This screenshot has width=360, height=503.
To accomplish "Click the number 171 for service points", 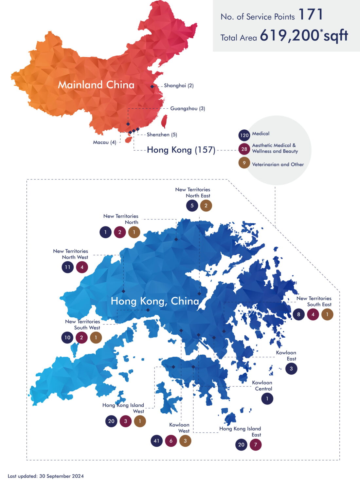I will (x=311, y=15).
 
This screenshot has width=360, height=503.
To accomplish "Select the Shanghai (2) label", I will (x=179, y=85).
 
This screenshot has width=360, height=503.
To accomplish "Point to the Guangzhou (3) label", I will (x=188, y=108).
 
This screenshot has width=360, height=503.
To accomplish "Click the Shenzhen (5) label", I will (x=162, y=135).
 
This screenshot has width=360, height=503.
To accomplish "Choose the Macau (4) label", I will (x=104, y=142).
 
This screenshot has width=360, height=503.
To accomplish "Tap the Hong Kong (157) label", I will (x=181, y=150).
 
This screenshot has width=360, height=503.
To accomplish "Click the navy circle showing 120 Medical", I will (x=244, y=135).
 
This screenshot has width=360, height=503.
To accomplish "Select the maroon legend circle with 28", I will (x=244, y=149).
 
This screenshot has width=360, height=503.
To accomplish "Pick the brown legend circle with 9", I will (x=244, y=163).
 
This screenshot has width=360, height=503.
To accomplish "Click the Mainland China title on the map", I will (x=96, y=85).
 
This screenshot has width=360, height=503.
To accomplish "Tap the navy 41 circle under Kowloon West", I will (x=156, y=441).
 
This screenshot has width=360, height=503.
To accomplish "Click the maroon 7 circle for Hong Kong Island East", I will (x=256, y=445).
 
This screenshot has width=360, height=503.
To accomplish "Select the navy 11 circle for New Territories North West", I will (x=67, y=267).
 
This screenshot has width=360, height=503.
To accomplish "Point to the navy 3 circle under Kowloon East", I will (x=291, y=369).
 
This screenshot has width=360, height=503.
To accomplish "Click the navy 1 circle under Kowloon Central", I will (x=267, y=399).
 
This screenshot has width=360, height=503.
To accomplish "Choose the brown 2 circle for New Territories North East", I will (x=206, y=206).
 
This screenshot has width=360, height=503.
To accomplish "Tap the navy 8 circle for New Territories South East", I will (x=298, y=314).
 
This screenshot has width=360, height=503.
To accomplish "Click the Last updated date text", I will (x=46, y=476).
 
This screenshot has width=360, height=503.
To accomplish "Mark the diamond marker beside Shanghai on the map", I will (x=152, y=86).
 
